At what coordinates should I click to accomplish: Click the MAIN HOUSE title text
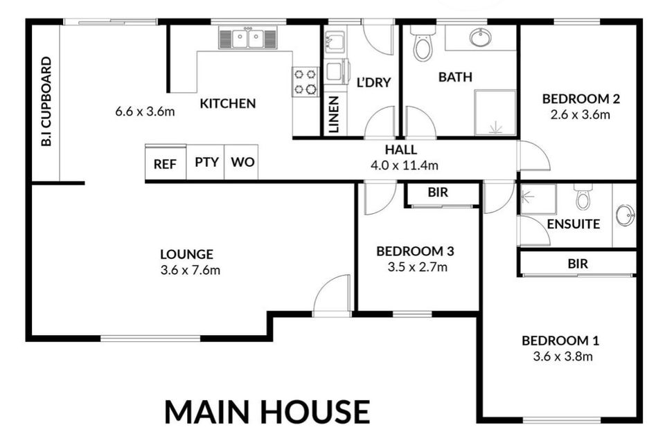tap(267, 411)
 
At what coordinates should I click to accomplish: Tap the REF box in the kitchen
tap(165, 163)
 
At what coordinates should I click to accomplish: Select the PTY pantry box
tap(206, 163)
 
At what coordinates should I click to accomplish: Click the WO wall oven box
tap(242, 163)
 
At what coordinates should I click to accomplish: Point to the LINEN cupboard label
tap(334, 114)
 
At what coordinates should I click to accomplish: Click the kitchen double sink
tap(248, 38)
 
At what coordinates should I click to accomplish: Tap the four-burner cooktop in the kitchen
tap(305, 81)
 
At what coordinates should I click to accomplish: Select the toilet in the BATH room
tap(422, 45)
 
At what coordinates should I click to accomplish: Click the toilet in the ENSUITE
tap(583, 197)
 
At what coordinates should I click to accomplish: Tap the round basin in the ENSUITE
tap(625, 215)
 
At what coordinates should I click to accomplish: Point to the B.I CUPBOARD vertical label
tap(46, 102)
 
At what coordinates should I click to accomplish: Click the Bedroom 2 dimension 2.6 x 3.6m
tap(580, 114)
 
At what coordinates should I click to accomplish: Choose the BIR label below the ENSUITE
tap(578, 264)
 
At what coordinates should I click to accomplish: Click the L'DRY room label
tap(373, 82)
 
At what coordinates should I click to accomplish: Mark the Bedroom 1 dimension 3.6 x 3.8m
tap(560, 356)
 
